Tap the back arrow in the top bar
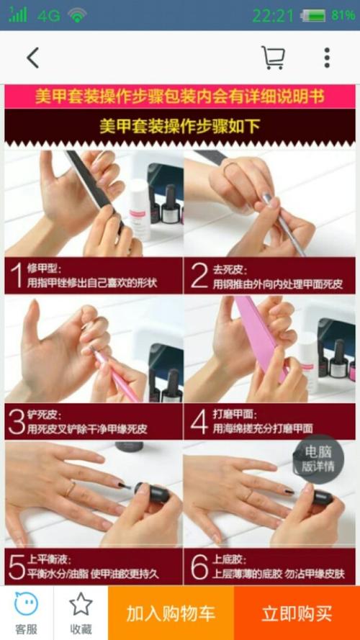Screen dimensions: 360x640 (33, 58)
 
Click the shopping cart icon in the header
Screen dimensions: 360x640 (273, 58)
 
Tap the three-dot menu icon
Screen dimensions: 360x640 (327, 58)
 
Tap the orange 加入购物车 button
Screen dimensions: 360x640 (171, 613)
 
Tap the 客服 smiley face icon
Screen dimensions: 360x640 (26, 604)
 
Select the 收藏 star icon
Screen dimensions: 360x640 (81, 604)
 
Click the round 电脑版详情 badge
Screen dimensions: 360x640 (318, 459)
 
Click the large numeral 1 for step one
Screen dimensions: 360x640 (17, 276)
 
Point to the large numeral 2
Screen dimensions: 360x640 (199, 276)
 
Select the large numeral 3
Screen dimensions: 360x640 (17, 422)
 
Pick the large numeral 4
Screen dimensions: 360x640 (199, 422)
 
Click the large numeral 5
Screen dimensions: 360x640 (17, 567)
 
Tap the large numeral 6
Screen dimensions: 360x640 (199, 567)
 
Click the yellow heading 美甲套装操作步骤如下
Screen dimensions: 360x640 (180, 126)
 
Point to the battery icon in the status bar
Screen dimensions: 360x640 (313, 16)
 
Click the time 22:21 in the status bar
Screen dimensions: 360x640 (273, 16)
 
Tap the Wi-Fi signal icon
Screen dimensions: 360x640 (77, 15)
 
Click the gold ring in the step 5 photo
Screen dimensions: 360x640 (71, 488)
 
